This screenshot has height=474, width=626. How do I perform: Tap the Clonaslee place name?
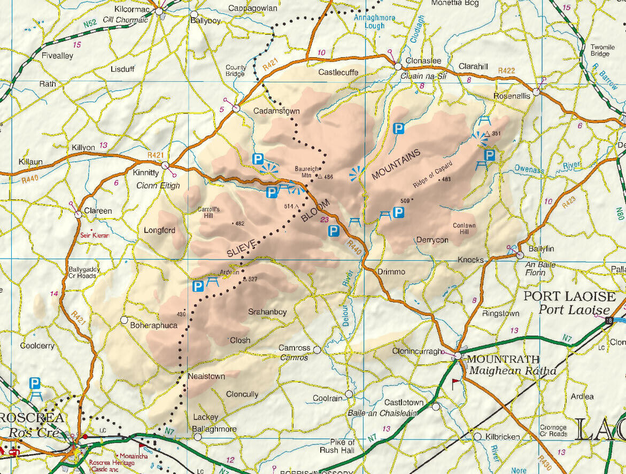(x=423, y=61)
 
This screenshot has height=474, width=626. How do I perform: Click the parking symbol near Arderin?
(x=198, y=286)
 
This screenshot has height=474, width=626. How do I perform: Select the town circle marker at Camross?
(x=317, y=350)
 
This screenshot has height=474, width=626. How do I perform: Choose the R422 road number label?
(x=506, y=71)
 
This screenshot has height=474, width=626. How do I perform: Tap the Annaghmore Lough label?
(x=374, y=21)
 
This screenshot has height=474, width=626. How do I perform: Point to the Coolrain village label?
(x=327, y=399)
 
